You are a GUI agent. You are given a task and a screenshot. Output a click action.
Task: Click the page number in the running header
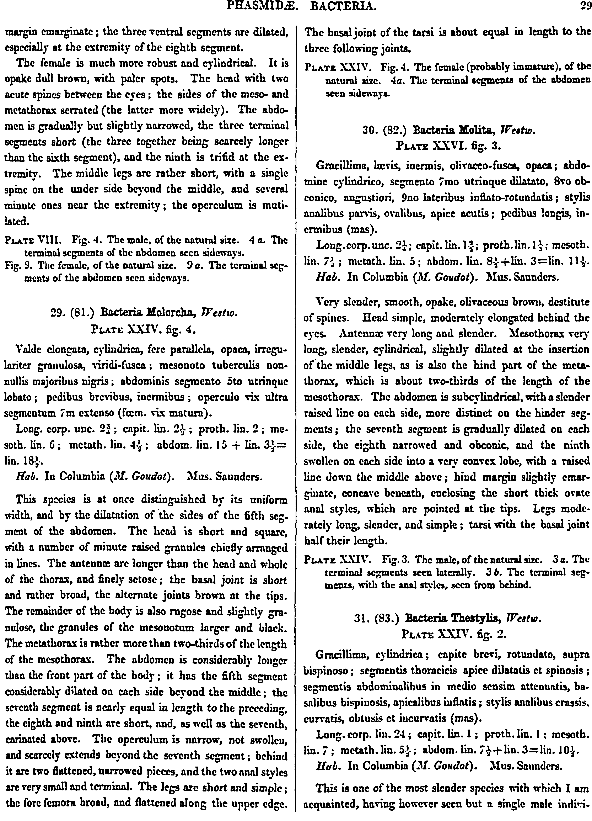(584, 6)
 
